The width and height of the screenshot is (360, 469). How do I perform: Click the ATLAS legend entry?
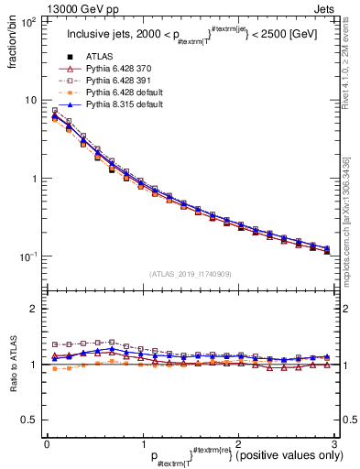coord(99,57)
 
